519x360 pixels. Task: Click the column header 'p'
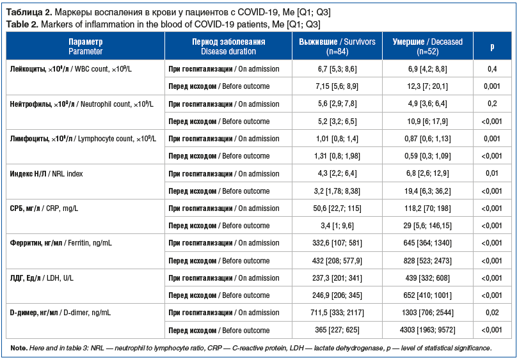click(x=491, y=46)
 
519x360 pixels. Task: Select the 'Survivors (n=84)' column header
click(x=337, y=46)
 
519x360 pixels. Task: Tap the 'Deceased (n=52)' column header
click(x=428, y=46)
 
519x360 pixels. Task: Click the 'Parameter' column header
click(x=85, y=46)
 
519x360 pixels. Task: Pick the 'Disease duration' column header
click(x=228, y=46)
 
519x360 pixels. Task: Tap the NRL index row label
click(x=47, y=173)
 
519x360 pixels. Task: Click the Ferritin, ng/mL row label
click(x=61, y=243)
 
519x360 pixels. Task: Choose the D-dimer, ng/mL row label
click(x=61, y=313)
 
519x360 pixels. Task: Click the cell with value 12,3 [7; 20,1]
click(x=428, y=86)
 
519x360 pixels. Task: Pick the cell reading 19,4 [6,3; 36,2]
click(x=428, y=191)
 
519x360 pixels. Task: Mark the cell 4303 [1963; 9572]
click(x=428, y=330)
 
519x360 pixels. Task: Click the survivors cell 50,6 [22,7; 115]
click(x=337, y=208)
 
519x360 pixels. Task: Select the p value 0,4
click(x=491, y=68)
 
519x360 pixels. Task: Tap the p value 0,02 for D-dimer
click(x=491, y=313)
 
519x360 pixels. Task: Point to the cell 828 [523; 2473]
click(x=428, y=260)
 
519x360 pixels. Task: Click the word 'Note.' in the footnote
click(x=19, y=348)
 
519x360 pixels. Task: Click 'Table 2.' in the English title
click(x=22, y=24)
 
